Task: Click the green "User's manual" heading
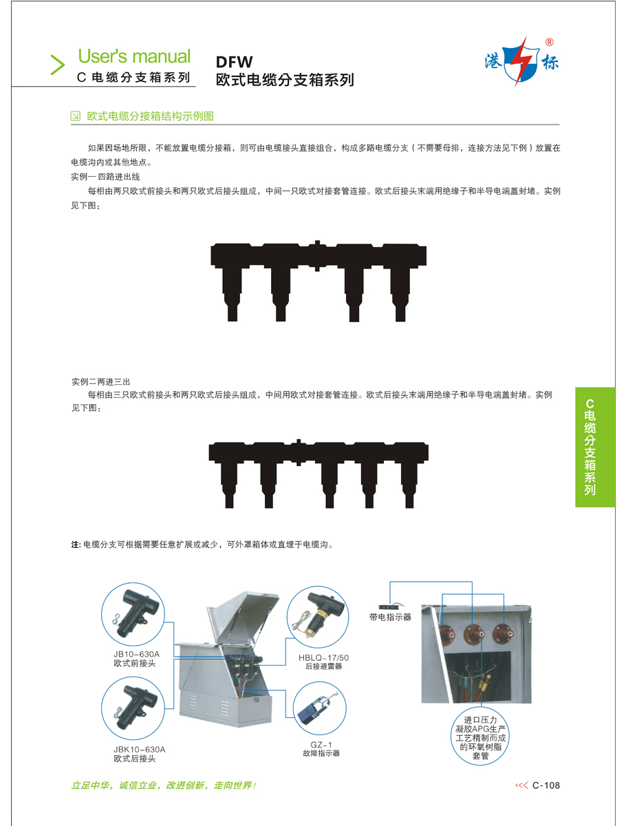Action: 134,56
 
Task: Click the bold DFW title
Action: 234,62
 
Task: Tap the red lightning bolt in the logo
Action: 523,61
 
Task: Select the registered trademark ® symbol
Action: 550,43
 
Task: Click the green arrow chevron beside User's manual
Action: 57,65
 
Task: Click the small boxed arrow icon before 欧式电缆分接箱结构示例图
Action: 75,116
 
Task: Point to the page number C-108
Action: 546,785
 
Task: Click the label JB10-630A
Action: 136,654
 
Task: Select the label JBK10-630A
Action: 139,749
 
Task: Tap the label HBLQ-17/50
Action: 323,658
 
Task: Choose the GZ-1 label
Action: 321,745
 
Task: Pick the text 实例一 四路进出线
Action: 105,177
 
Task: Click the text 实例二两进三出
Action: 100,382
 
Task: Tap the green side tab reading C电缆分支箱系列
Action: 595,447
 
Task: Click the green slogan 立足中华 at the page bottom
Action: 89,785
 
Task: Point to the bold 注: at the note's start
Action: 76,544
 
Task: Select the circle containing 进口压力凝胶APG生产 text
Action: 479,737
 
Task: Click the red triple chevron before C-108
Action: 521,785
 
